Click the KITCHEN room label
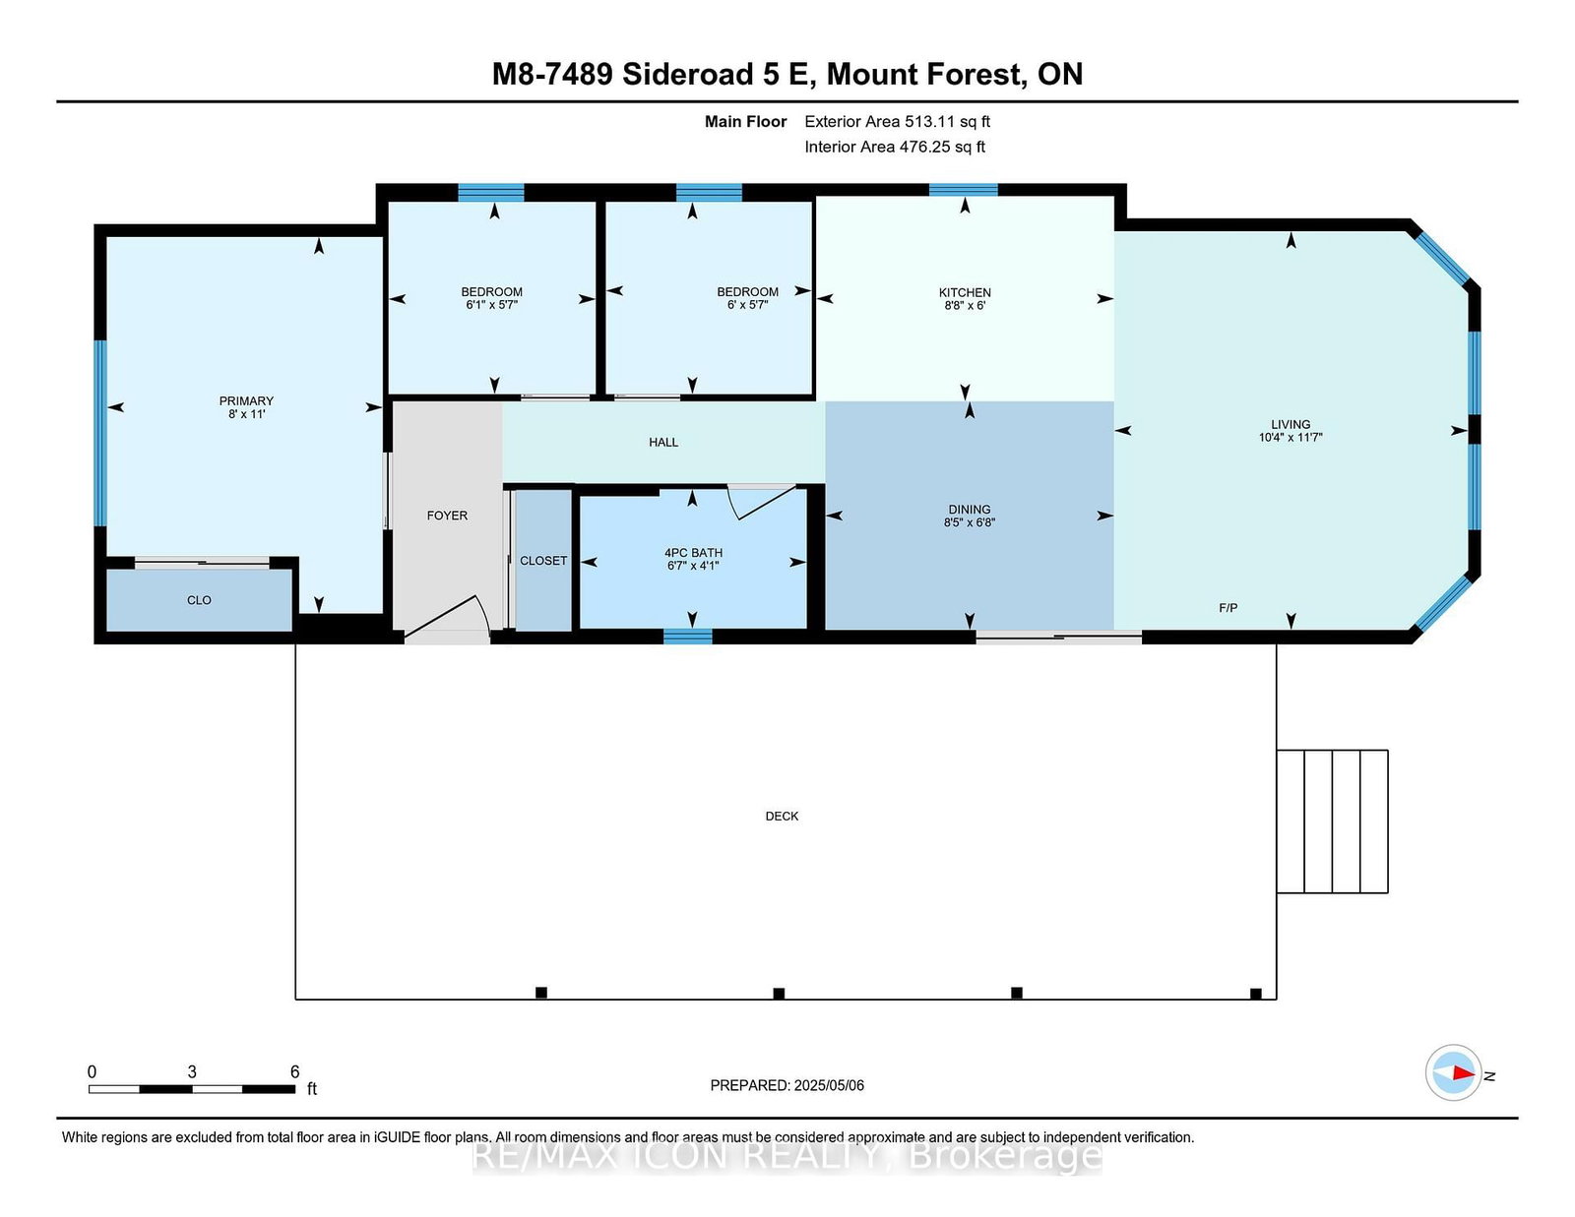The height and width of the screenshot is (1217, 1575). [x=965, y=292]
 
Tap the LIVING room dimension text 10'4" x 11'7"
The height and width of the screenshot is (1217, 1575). [x=1291, y=438]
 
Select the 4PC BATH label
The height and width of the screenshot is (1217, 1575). [x=694, y=553]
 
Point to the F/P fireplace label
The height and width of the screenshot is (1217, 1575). [x=1228, y=608]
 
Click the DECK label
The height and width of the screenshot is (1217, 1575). [x=782, y=816]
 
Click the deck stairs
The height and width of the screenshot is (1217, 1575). [x=1332, y=821]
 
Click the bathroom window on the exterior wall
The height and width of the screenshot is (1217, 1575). [x=688, y=637]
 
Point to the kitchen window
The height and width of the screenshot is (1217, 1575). [x=964, y=190]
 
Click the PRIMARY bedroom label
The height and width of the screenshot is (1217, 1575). [x=246, y=400]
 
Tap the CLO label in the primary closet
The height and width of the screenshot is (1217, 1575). [x=199, y=600]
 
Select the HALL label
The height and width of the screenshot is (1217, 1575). [x=663, y=442]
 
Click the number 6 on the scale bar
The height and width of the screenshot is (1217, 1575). [x=294, y=1071]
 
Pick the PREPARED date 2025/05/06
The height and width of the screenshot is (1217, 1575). [x=829, y=1085]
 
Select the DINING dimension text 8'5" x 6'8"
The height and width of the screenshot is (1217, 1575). [x=969, y=522]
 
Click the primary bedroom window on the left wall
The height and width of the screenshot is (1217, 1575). [x=100, y=433]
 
